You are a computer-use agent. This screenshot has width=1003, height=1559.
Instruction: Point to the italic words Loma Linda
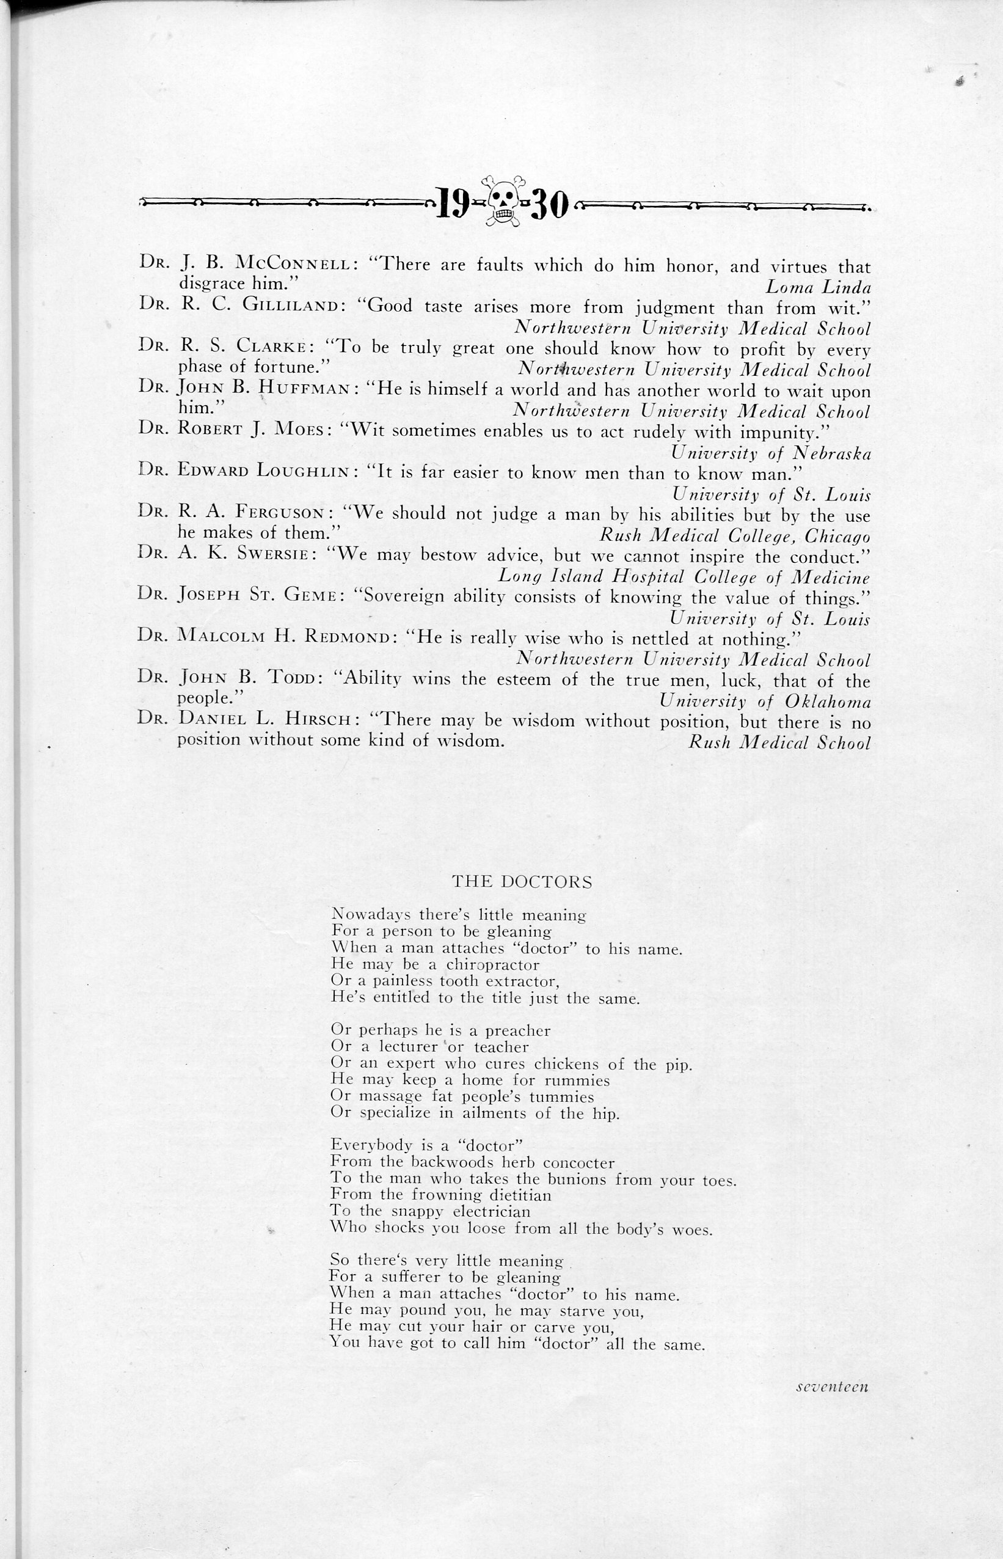(x=818, y=286)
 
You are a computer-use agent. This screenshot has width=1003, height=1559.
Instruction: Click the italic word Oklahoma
(x=828, y=701)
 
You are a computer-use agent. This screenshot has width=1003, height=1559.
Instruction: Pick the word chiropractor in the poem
(x=492, y=965)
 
